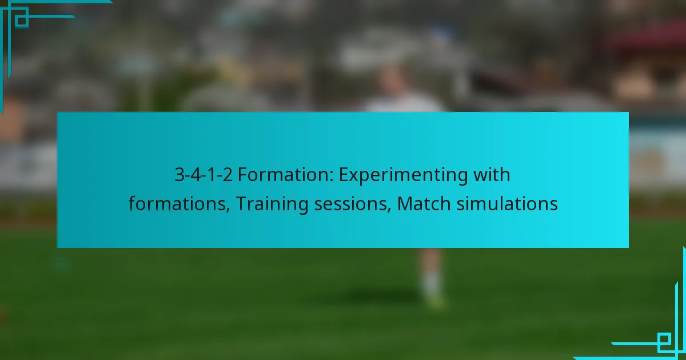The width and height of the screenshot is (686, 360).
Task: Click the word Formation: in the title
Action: pyautogui.click(x=285, y=175)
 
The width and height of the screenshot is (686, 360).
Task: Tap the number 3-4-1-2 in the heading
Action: pyautogui.click(x=204, y=175)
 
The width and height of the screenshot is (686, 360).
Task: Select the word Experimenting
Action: pyautogui.click(x=403, y=176)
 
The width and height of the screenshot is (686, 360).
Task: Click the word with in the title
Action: pyautogui.click(x=492, y=174)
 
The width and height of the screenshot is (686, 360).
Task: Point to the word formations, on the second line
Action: pyautogui.click(x=180, y=204)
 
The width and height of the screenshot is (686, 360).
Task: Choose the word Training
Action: pyautogui.click(x=272, y=205)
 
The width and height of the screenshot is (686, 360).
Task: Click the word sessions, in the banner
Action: pyautogui.click(x=353, y=205)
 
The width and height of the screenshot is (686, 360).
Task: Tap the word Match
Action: pyautogui.click(x=424, y=203)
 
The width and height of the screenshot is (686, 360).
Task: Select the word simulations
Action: pyautogui.click(x=507, y=203)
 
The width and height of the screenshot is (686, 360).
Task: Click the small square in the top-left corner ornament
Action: pyautogui.click(x=22, y=21)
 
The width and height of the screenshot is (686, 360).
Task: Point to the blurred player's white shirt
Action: pyautogui.click(x=404, y=103)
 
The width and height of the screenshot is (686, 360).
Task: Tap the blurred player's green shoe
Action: pyautogui.click(x=434, y=301)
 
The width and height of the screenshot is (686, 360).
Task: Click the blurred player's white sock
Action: pyautogui.click(x=432, y=284)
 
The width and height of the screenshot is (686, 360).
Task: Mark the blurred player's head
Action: pyautogui.click(x=394, y=79)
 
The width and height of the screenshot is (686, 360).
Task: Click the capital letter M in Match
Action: pyautogui.click(x=405, y=203)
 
